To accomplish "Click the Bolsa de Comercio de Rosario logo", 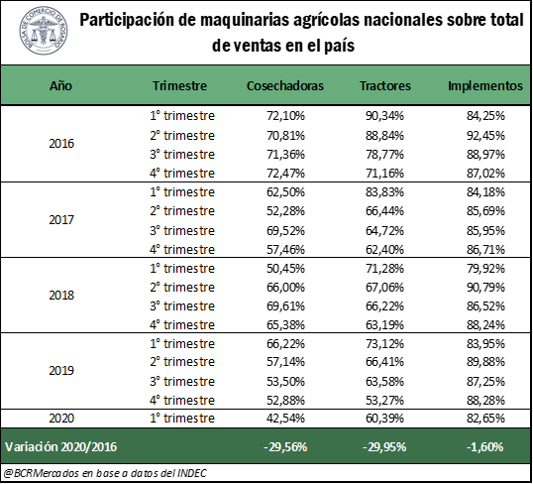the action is click(x=44, y=31).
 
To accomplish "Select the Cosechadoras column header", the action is click(x=285, y=85).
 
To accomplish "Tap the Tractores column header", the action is click(x=385, y=85).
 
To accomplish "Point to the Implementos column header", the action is click(x=485, y=85).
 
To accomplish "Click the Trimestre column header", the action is click(x=179, y=85).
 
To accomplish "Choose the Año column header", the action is click(x=60, y=85).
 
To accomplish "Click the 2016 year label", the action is click(x=61, y=143).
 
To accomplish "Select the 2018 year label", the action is click(x=61, y=295).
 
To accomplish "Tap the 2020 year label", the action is click(x=61, y=418).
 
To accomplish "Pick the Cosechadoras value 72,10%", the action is click(x=285, y=116).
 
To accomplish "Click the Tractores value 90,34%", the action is click(x=384, y=116).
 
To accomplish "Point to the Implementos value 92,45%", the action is click(x=485, y=136).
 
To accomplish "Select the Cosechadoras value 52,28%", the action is click(x=285, y=210).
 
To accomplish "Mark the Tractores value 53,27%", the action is click(x=384, y=400).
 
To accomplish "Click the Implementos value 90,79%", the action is click(x=485, y=287).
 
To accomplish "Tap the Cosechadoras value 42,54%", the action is click(x=285, y=418).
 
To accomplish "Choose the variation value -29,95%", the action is click(x=384, y=446).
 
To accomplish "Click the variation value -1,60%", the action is click(x=485, y=446).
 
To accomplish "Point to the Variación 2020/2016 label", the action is click(x=61, y=446).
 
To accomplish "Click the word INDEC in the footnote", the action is click(x=192, y=473).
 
